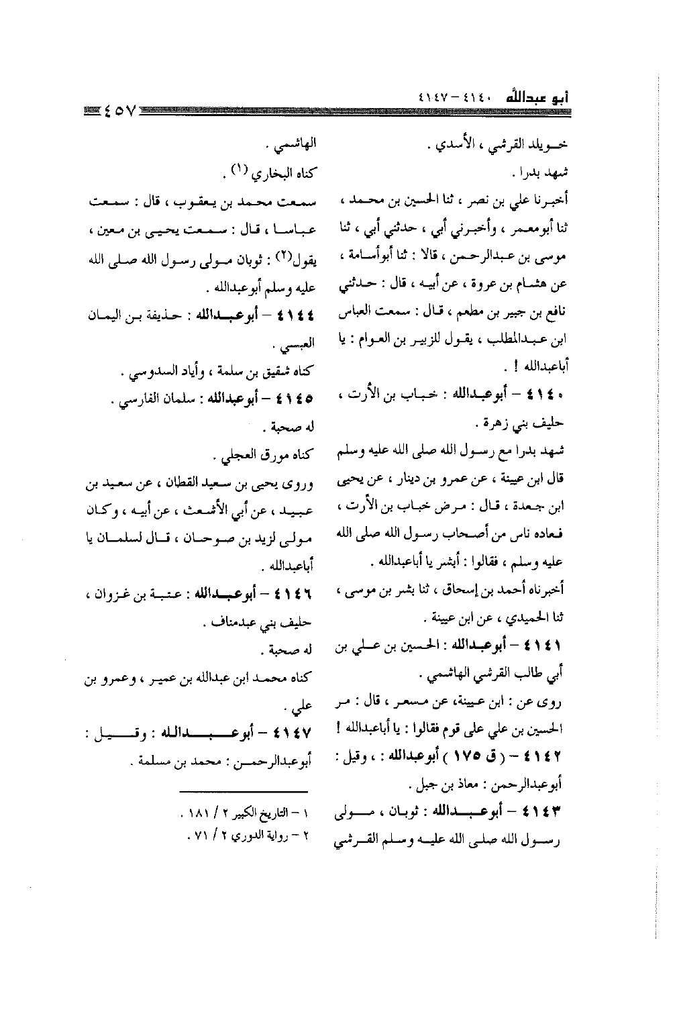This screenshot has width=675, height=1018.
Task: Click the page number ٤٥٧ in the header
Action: [x=119, y=108]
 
